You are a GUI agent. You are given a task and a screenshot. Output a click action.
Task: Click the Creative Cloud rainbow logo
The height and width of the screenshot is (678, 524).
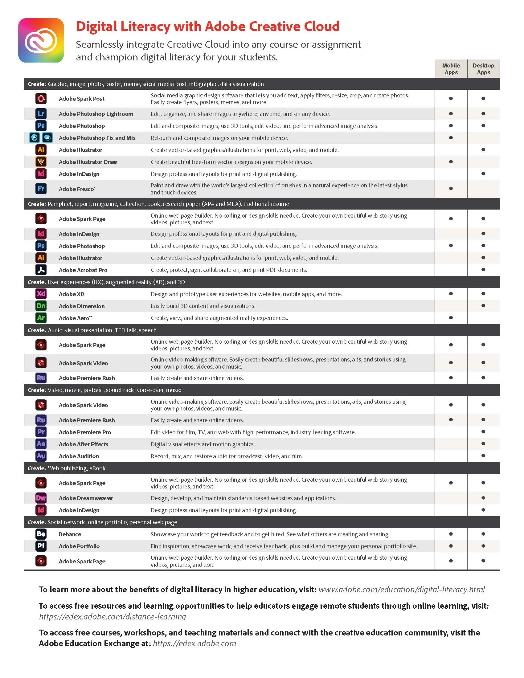tap(41, 40)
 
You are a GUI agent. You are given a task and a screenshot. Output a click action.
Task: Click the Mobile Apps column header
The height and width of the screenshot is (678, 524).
tap(451, 69)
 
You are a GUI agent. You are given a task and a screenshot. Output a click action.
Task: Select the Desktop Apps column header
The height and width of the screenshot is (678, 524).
tap(483, 69)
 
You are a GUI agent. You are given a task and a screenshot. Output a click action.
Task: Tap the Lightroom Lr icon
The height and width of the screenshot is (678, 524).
tap(41, 114)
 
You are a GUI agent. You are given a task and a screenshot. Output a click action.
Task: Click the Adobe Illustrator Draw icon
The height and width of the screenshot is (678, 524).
tap(41, 162)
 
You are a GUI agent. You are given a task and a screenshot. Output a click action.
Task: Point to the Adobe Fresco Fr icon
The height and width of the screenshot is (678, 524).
tap(41, 188)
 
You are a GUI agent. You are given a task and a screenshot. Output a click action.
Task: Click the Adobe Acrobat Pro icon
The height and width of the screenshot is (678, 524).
tap(41, 270)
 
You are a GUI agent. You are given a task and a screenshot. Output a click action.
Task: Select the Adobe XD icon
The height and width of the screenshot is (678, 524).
tap(41, 294)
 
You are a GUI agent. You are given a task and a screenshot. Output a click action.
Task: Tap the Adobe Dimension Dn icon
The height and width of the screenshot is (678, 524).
tap(41, 306)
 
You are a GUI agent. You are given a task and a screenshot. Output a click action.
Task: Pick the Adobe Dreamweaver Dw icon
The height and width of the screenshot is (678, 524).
tap(41, 498)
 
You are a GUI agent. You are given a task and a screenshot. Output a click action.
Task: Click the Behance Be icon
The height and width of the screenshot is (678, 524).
tap(41, 534)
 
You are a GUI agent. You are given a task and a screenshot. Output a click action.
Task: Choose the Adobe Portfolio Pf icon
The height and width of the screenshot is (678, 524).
tap(41, 546)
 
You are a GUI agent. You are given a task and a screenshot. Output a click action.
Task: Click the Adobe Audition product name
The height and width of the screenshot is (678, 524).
tap(79, 456)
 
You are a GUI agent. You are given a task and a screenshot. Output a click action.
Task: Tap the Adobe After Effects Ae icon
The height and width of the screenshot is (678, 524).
tap(41, 444)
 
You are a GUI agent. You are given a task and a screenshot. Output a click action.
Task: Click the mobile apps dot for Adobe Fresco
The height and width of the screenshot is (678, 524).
tap(451, 188)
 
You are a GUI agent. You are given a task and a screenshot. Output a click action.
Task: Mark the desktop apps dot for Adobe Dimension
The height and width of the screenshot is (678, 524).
tap(483, 306)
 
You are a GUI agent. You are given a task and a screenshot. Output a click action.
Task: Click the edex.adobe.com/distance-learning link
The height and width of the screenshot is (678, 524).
tap(113, 617)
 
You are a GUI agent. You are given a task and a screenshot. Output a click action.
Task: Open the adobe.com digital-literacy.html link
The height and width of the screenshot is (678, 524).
tap(401, 590)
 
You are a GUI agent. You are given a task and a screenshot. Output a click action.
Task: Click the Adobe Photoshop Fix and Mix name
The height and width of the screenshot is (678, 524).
tap(97, 138)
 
